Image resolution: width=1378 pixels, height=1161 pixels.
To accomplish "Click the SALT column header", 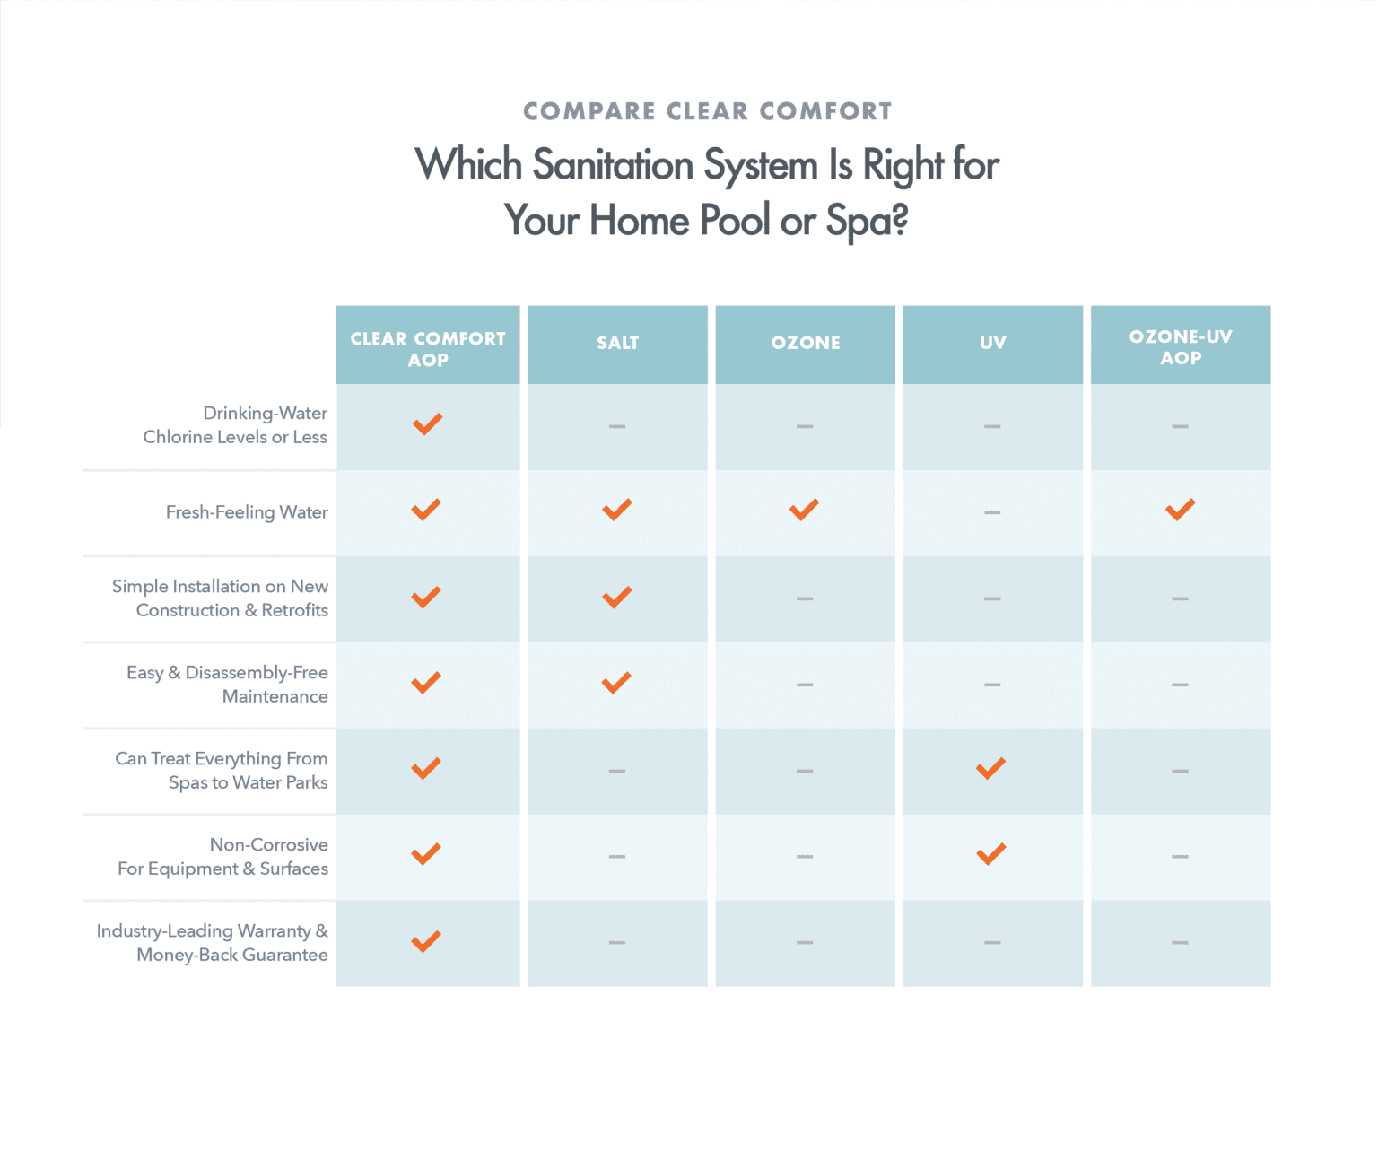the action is pos(618,343).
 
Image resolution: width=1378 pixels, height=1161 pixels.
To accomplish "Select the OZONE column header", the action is pos(805,343).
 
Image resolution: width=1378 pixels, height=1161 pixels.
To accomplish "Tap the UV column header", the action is pos(992,343).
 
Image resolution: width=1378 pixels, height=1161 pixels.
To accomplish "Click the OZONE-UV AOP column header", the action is pos(1180,347).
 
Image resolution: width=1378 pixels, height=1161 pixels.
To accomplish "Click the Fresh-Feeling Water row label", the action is pos(247,512).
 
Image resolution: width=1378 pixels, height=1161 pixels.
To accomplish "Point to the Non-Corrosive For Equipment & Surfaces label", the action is pos(223,857).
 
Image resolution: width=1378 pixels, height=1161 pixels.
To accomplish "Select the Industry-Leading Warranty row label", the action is pos(213,943).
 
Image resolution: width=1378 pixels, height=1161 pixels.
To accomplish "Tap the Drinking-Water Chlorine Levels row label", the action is pos(235,425).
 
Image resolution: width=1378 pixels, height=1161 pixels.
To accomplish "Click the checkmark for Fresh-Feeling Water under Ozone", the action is pos(804,510).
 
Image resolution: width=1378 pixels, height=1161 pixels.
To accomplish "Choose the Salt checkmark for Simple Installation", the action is pos(616,598).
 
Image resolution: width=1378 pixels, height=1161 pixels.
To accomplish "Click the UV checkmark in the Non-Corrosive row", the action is pos(991,854).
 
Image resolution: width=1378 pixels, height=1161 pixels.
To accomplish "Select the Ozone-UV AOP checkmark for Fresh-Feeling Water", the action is pos(1180,510).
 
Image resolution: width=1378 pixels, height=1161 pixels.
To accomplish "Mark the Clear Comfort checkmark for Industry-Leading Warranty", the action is pos(425,941).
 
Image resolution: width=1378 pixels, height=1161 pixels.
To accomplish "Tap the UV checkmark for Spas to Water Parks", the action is pos(990,768).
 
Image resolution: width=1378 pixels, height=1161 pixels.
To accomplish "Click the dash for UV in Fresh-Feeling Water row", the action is pos(992,512).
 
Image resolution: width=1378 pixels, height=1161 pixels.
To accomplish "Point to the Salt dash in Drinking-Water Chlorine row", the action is pos(617,426).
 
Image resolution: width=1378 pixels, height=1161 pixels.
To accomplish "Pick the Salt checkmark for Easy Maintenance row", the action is pos(616,683).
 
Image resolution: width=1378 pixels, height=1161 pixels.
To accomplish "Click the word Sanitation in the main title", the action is pos(613,164).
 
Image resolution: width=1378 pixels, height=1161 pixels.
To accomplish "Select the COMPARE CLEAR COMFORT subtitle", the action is pos(708,111).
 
